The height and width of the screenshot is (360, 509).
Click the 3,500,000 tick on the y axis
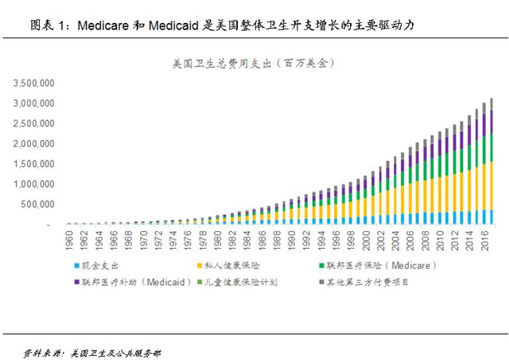[31, 83]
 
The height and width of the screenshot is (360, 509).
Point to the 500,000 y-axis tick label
[36, 204]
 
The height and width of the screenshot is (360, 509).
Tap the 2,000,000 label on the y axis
[31, 143]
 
